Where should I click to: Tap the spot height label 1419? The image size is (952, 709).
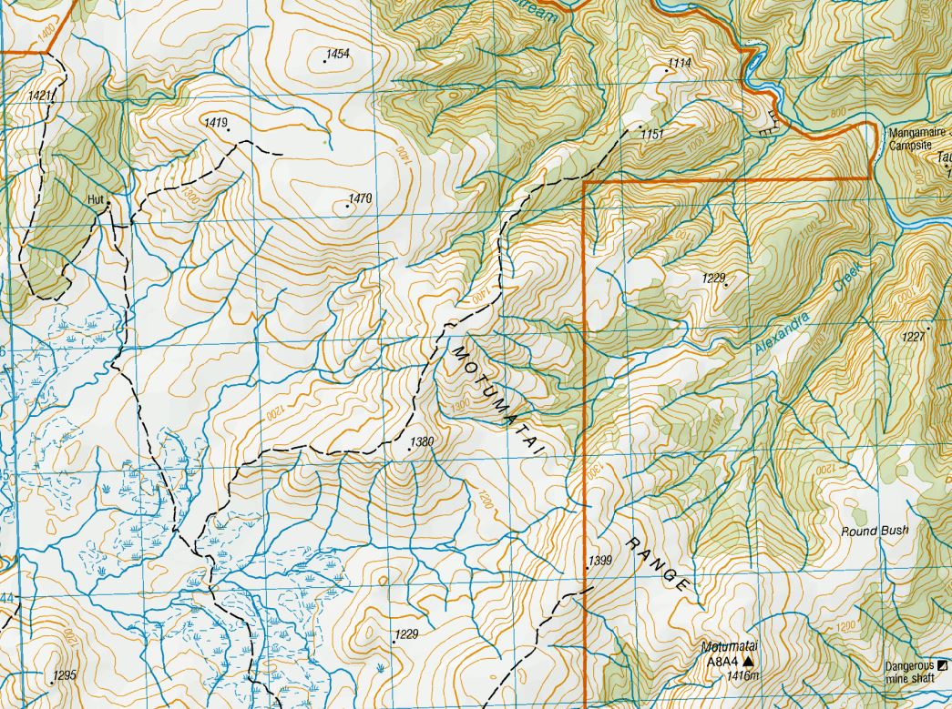[x=216, y=122]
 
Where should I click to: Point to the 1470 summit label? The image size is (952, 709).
[x=362, y=198]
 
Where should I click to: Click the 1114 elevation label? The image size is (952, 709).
[x=680, y=63]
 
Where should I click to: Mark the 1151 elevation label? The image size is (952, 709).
[x=651, y=134]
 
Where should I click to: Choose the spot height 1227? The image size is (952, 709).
[x=914, y=337]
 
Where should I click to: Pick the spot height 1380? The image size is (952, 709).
[x=421, y=442]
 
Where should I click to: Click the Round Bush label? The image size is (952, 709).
[x=875, y=531]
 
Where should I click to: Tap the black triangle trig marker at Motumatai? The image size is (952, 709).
[x=749, y=662]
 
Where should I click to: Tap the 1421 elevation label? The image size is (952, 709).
[x=40, y=96]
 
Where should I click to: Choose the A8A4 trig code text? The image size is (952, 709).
[x=722, y=662]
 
